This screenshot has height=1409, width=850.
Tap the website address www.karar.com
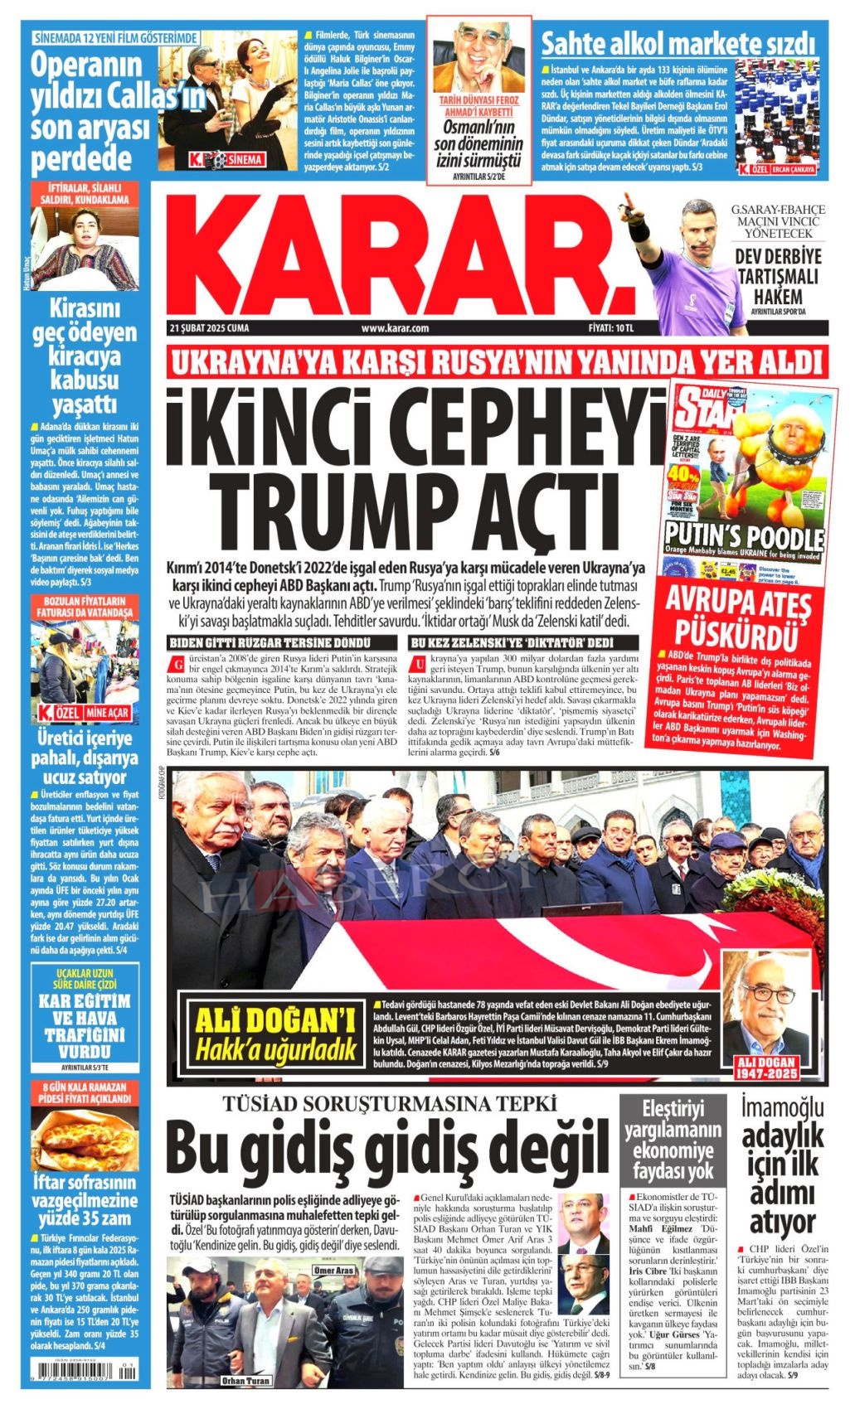pos(395,327)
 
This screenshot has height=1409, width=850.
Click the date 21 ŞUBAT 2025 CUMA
pos(208,327)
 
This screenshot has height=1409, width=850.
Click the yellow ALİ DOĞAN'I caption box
pos(273,1033)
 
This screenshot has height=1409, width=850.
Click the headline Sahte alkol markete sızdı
pos(678,42)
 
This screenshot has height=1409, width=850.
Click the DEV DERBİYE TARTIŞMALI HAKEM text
pos(778,277)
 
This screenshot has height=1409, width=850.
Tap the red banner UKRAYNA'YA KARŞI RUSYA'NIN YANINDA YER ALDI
pos(495,362)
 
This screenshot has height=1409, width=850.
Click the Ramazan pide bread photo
pos(85,1140)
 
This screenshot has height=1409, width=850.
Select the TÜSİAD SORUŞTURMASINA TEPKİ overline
pos(388,1103)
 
